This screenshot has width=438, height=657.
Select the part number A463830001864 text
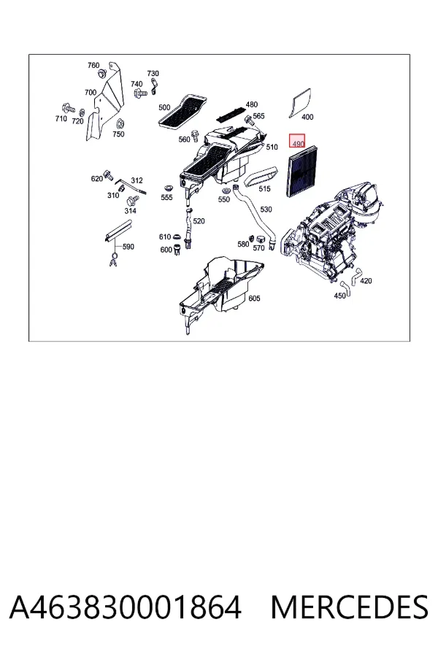[126, 607]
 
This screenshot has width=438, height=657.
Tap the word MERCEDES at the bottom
[350, 607]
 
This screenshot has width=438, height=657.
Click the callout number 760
[93, 66]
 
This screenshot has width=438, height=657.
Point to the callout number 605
[255, 299]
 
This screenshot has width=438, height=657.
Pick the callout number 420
[366, 281]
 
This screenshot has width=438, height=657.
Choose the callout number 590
[128, 247]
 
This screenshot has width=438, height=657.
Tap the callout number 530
[266, 210]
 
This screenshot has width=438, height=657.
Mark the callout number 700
[91, 93]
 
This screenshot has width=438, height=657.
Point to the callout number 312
[137, 180]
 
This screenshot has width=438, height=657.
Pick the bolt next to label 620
[108, 175]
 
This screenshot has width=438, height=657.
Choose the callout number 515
[264, 189]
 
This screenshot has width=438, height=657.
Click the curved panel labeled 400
[300, 101]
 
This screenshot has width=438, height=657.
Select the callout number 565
[258, 116]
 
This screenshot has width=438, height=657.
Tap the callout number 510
[272, 147]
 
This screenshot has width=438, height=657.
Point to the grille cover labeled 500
[182, 112]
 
